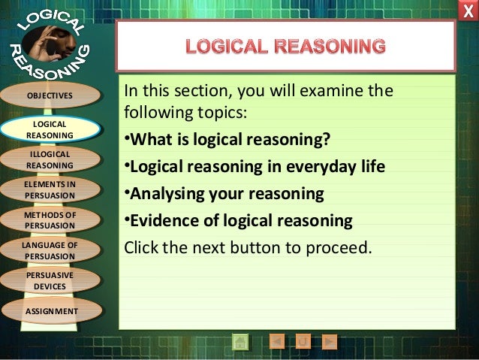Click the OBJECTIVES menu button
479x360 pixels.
click(x=50, y=95)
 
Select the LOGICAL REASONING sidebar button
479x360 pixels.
click(x=50, y=129)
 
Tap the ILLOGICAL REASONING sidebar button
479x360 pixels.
click(x=50, y=159)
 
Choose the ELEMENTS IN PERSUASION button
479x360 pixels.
click(x=50, y=189)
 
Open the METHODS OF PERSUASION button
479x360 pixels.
click(x=50, y=219)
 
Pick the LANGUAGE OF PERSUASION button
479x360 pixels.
click(x=50, y=250)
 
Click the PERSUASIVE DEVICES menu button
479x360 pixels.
click(x=50, y=280)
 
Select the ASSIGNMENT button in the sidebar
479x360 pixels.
click(x=50, y=310)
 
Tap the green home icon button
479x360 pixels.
click(x=240, y=342)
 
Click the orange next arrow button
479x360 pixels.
click(x=328, y=342)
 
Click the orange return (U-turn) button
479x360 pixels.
click(x=303, y=342)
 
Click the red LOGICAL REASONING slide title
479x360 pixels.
click(x=286, y=47)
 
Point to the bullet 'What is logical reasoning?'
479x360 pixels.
click(x=225, y=143)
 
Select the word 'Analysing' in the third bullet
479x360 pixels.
click(x=162, y=195)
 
